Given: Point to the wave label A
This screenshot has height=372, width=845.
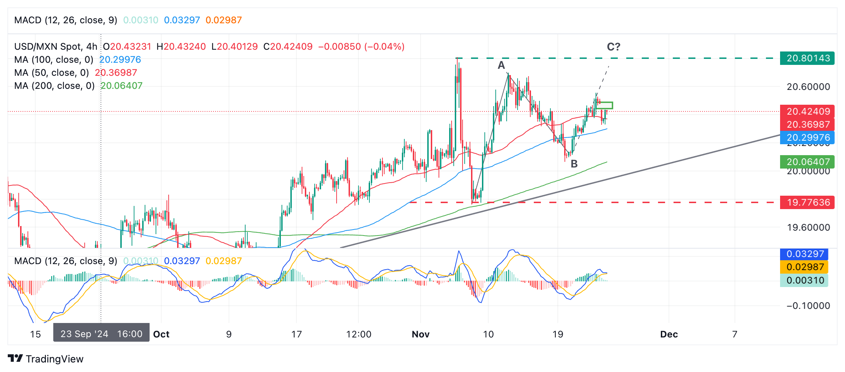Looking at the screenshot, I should click(501, 65).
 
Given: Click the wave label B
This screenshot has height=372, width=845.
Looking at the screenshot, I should click(574, 164).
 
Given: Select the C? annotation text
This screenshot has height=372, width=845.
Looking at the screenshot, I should click(613, 47).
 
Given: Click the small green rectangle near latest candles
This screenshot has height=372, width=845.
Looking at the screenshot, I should click(604, 105).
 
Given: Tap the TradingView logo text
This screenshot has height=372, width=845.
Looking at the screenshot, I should click(54, 359).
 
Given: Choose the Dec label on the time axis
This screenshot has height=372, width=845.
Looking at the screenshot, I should click(669, 334).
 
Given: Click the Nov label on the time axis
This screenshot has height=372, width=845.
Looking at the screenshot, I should click(420, 334).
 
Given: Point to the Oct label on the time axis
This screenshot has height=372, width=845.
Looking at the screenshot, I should click(161, 334).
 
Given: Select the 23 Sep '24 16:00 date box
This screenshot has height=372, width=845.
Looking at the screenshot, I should click(101, 334).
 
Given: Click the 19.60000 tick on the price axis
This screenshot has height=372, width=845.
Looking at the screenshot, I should click(808, 227).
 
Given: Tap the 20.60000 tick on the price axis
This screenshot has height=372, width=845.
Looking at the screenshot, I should click(808, 87).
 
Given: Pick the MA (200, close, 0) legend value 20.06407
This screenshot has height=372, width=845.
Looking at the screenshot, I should click(121, 86).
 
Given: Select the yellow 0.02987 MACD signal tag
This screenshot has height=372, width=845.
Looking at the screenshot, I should click(804, 267).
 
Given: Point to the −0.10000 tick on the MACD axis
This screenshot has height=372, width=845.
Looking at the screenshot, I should click(808, 306).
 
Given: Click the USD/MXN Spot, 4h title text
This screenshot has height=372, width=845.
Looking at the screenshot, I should click(55, 47).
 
